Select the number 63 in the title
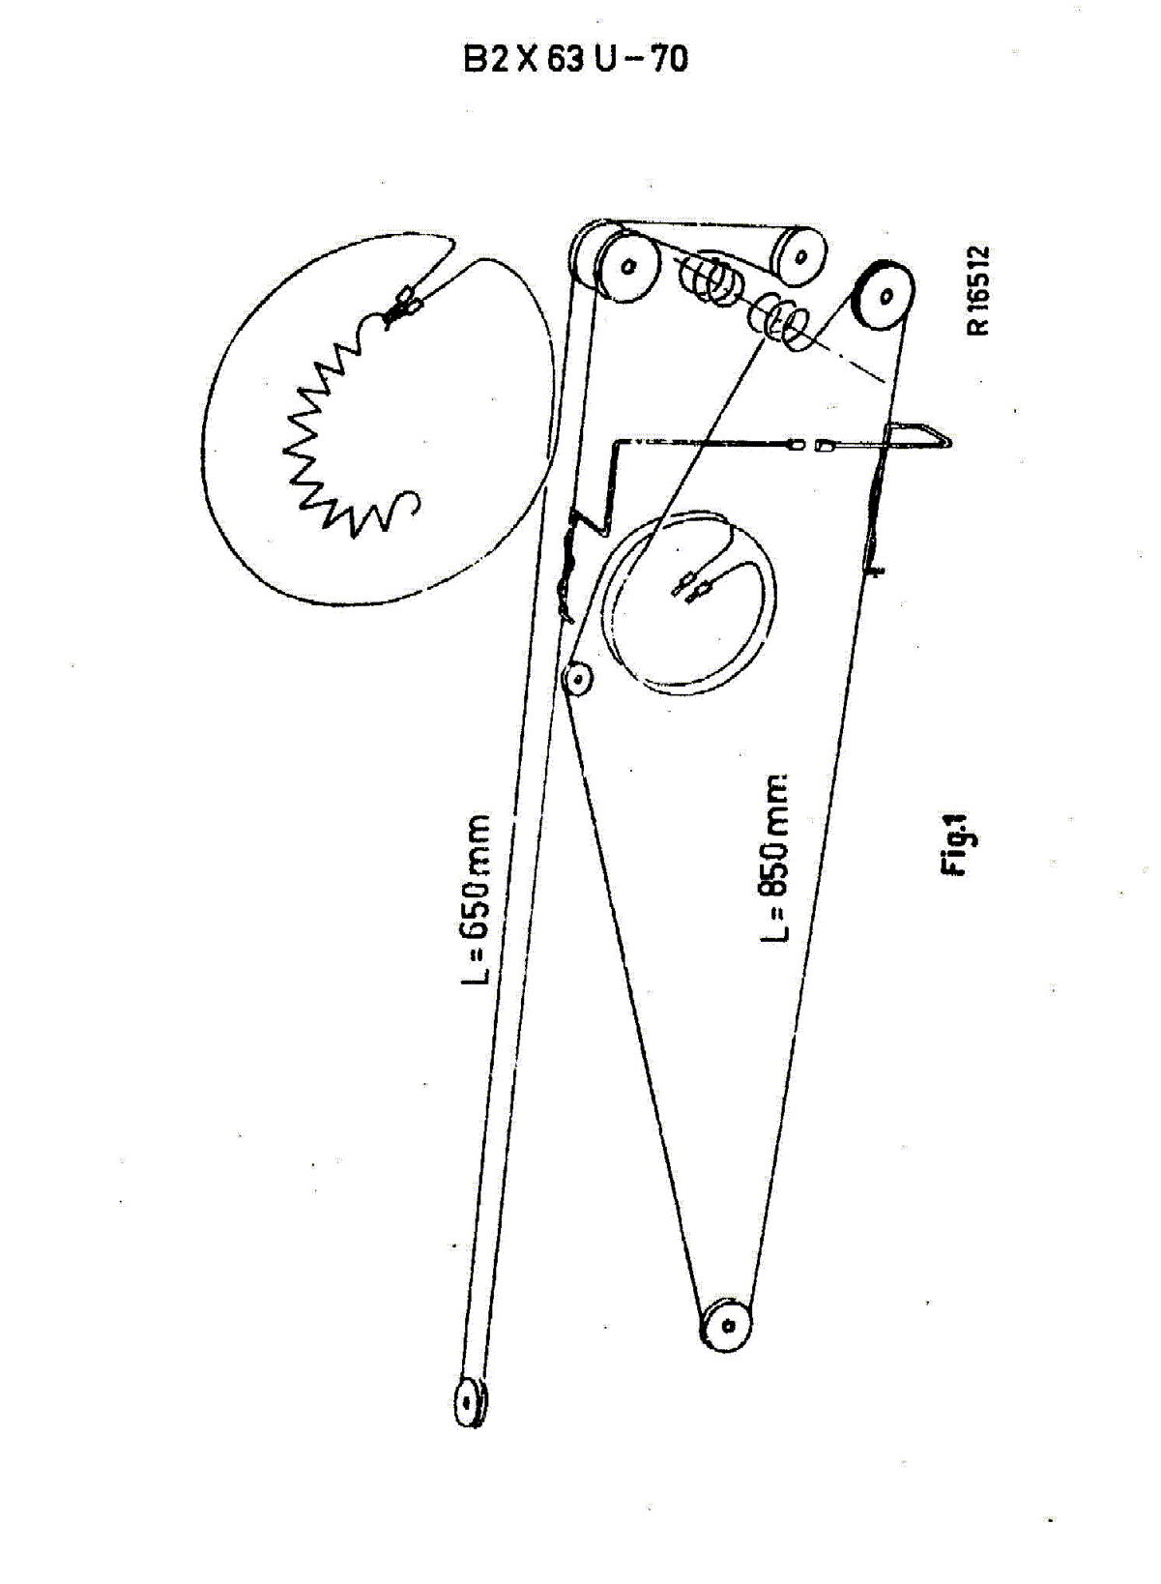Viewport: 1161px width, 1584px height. pos(566,59)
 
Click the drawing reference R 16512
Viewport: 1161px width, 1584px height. pos(978,291)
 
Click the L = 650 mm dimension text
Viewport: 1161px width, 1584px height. pos(476,899)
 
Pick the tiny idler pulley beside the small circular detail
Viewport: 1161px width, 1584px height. pos(577,680)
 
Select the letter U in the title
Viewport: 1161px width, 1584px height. pos(607,59)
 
